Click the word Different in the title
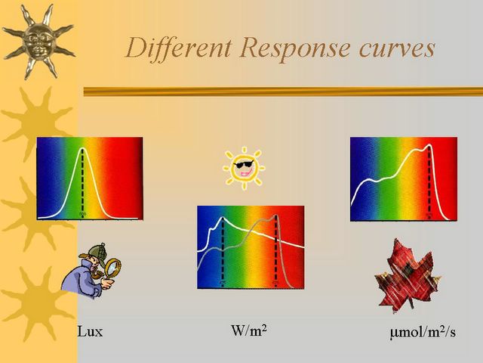click(x=179, y=48)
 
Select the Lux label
click(x=90, y=332)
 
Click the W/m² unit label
click(x=249, y=330)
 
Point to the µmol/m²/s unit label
click(x=423, y=332)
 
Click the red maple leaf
click(x=408, y=275)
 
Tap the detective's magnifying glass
click(x=112, y=268)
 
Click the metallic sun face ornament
click(x=38, y=40)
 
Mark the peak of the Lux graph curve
click(x=82, y=148)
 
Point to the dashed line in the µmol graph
click(x=429, y=181)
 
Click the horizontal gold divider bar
click(x=284, y=92)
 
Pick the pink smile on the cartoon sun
click(x=246, y=172)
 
